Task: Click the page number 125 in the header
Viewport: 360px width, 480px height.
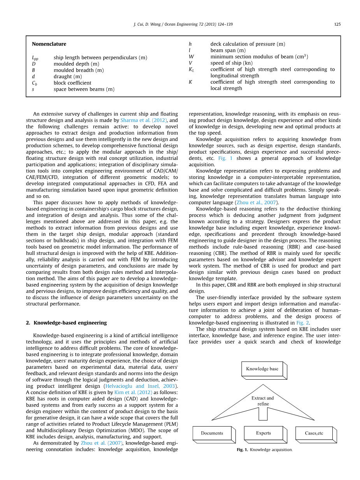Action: tap(337, 24)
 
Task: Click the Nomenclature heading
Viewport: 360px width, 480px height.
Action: tap(49, 44)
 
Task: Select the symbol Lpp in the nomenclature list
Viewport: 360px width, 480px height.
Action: tap(35, 58)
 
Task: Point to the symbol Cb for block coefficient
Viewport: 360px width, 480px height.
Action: tap(34, 83)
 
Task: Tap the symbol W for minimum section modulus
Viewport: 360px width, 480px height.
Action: tap(191, 57)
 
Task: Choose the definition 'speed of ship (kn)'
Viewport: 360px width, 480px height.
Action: tap(231, 63)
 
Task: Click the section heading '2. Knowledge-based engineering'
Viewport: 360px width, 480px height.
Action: tap(66, 322)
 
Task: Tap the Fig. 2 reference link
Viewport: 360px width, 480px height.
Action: tap(303, 323)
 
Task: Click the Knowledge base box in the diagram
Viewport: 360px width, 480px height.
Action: tap(262, 369)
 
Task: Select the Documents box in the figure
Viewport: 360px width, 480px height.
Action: tap(212, 433)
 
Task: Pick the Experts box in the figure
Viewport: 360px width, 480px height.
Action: tap(263, 433)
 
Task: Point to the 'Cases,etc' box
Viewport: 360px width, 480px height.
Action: tap(314, 433)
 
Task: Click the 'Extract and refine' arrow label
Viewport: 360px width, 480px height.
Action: tap(263, 401)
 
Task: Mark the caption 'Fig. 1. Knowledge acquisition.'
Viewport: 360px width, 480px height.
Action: tap(264, 450)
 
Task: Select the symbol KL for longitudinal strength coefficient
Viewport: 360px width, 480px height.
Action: tap(191, 70)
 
